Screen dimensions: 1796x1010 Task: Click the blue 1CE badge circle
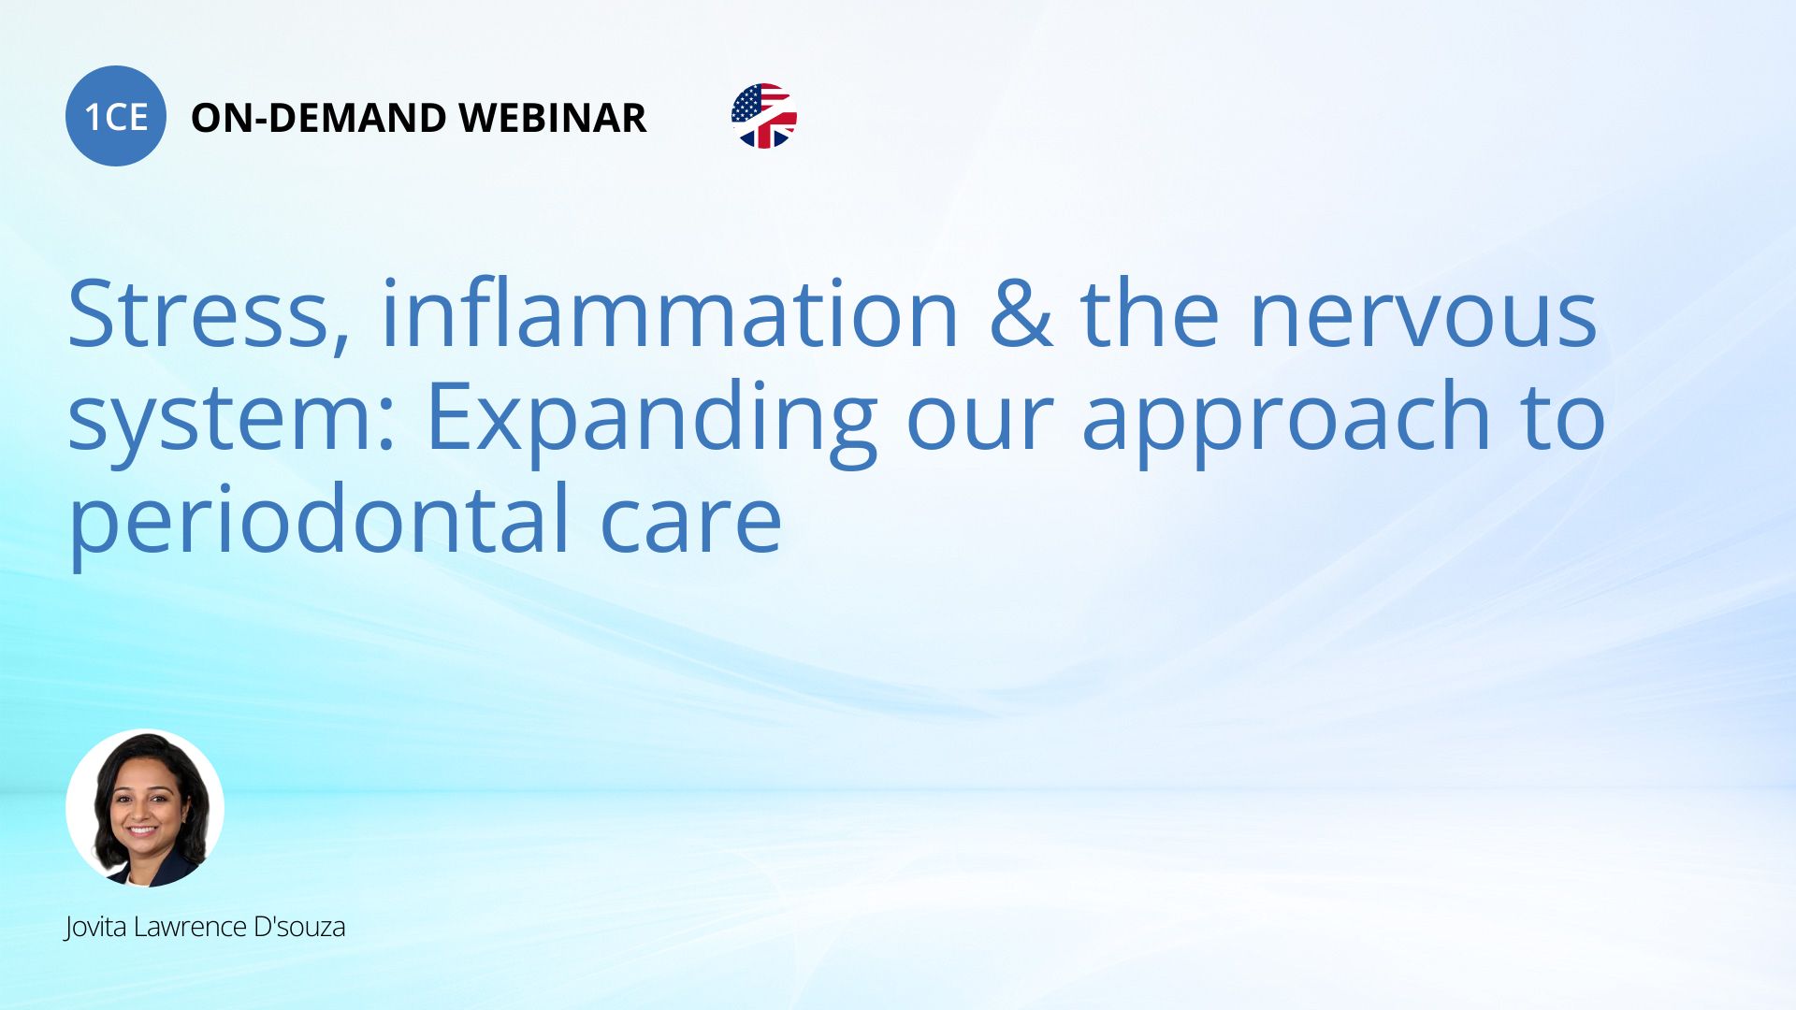[x=116, y=116]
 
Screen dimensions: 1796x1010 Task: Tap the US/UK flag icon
[x=764, y=116]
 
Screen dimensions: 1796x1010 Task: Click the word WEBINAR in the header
[x=553, y=118]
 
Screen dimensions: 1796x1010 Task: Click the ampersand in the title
[x=1021, y=313]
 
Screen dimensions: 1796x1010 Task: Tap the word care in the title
[x=690, y=521]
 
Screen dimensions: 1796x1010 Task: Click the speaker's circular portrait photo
[x=145, y=808]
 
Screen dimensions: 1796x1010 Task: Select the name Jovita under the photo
[x=96, y=927]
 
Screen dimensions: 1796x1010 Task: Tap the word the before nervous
[x=1151, y=313]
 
